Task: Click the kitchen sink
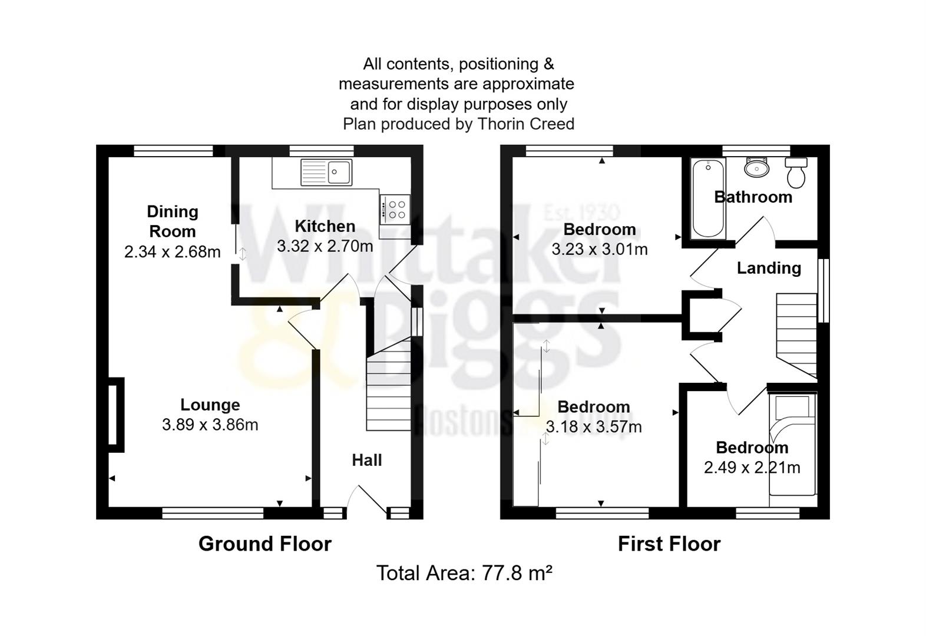point(326,172)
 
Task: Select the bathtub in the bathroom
point(707,199)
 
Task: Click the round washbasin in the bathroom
point(756,168)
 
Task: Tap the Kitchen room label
point(325,226)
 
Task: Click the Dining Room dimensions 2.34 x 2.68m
point(173,252)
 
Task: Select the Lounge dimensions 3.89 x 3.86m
point(210,425)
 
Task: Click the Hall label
point(366,460)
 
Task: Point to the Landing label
point(769,268)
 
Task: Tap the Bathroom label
point(753,197)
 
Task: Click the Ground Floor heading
point(264,544)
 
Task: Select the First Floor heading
point(669,544)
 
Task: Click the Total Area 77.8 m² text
point(464,573)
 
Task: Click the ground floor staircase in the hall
point(388,389)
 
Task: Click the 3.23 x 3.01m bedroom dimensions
point(599,249)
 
